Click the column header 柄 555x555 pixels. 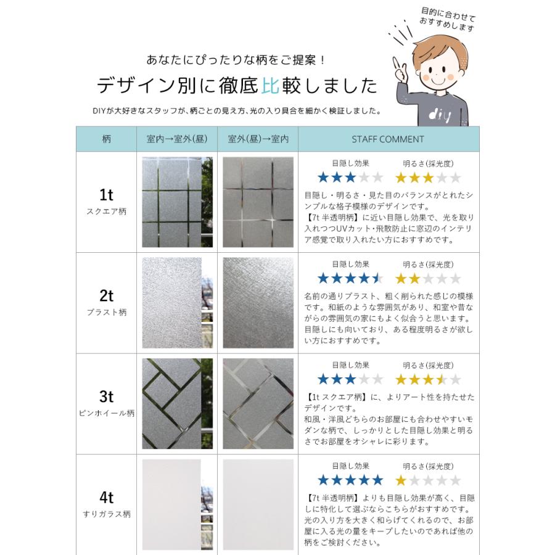tap(106, 139)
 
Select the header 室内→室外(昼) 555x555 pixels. tap(176, 139)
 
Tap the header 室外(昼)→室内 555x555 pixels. tap(258, 139)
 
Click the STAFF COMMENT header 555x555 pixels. tap(388, 139)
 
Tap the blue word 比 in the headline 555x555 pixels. tap(271, 84)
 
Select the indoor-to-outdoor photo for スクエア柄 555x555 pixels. tap(177, 202)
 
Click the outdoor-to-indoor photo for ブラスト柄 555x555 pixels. tap(258, 303)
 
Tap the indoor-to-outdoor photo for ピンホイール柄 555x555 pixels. tap(177, 403)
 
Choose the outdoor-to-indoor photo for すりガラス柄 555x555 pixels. tap(258, 503)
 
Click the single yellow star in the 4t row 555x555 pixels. tap(401, 480)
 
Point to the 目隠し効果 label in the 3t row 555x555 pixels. tap(350, 364)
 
